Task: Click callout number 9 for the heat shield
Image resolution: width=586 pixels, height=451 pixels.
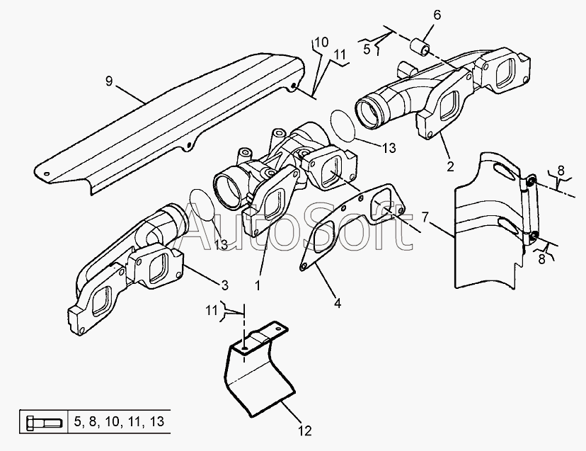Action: click(x=109, y=81)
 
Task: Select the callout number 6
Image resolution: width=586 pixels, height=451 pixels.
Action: click(x=436, y=16)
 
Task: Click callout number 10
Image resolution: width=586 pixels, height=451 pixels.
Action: click(x=321, y=42)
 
